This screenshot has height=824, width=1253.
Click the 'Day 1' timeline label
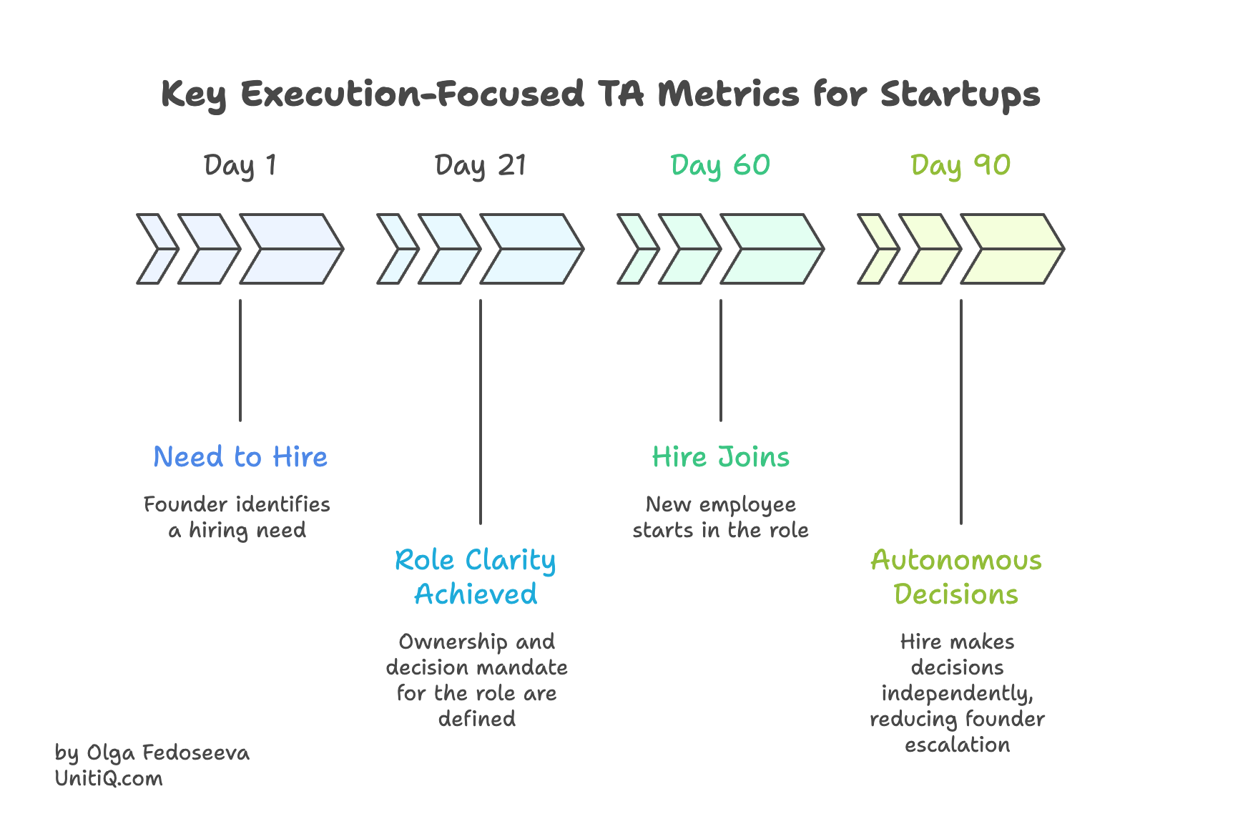(240, 166)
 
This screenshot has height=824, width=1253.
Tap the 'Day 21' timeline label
(481, 166)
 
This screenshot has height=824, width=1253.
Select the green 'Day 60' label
(720, 166)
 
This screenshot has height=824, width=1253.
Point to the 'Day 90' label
(960, 166)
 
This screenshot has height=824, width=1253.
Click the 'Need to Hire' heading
(240, 457)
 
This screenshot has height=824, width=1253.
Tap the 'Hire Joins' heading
(721, 457)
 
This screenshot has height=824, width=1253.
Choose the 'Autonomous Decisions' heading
(956, 577)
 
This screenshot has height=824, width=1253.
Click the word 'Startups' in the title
(960, 94)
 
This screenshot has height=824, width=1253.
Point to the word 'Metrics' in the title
(728, 94)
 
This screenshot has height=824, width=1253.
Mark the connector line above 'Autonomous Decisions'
(961, 411)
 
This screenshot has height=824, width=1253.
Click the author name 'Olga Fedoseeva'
(168, 752)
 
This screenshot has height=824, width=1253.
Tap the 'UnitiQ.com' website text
(109, 778)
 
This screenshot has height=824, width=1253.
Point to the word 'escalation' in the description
(957, 745)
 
